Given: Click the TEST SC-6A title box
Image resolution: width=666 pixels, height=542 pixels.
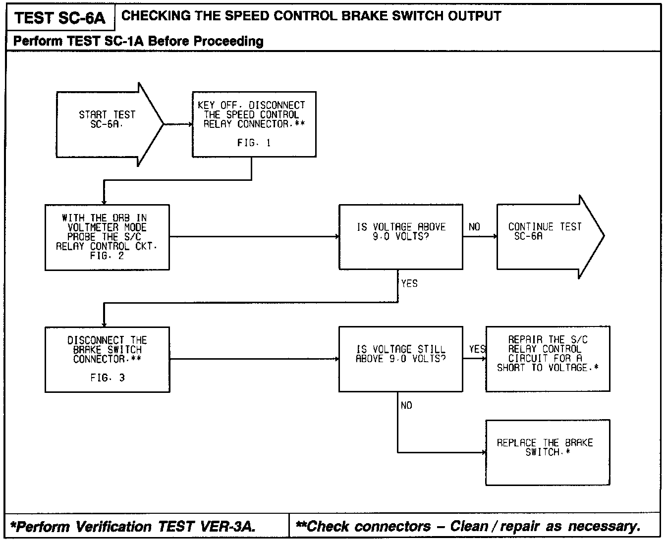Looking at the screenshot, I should tap(60, 18).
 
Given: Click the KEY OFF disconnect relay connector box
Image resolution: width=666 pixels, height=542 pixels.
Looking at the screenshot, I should tap(254, 124).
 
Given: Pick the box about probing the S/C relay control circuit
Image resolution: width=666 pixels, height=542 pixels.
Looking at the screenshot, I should tap(107, 237).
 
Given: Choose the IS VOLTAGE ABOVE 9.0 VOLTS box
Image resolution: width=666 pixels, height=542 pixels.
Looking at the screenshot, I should tap(401, 237).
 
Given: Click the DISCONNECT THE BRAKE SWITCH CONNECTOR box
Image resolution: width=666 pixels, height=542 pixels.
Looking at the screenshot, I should tap(107, 359).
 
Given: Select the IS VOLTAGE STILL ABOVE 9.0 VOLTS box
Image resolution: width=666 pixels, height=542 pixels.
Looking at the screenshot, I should tap(400, 359).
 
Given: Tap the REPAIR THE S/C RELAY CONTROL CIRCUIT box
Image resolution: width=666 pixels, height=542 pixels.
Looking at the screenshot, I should tap(548, 359).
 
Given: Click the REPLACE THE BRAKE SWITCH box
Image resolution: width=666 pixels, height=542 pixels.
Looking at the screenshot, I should tap(548, 452).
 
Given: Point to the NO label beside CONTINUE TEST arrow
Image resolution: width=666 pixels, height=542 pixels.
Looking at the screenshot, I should tap(474, 227).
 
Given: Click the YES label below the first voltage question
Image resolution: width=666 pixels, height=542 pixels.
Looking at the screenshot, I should tap(409, 284).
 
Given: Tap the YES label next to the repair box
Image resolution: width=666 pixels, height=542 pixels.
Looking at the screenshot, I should tap(477, 349).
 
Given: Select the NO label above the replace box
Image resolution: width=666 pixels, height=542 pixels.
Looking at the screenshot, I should tap(406, 406).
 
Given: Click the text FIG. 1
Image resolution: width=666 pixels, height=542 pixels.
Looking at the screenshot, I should tap(254, 143).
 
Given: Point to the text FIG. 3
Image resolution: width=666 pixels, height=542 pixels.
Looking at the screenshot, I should tap(108, 378).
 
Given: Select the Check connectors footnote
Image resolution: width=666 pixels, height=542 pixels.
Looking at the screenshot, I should tap(468, 526).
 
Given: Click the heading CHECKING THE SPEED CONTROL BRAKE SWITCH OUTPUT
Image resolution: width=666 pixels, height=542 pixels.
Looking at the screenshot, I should tap(311, 16).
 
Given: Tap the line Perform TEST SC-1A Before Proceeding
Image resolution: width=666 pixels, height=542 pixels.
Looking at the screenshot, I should tap(138, 41).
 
